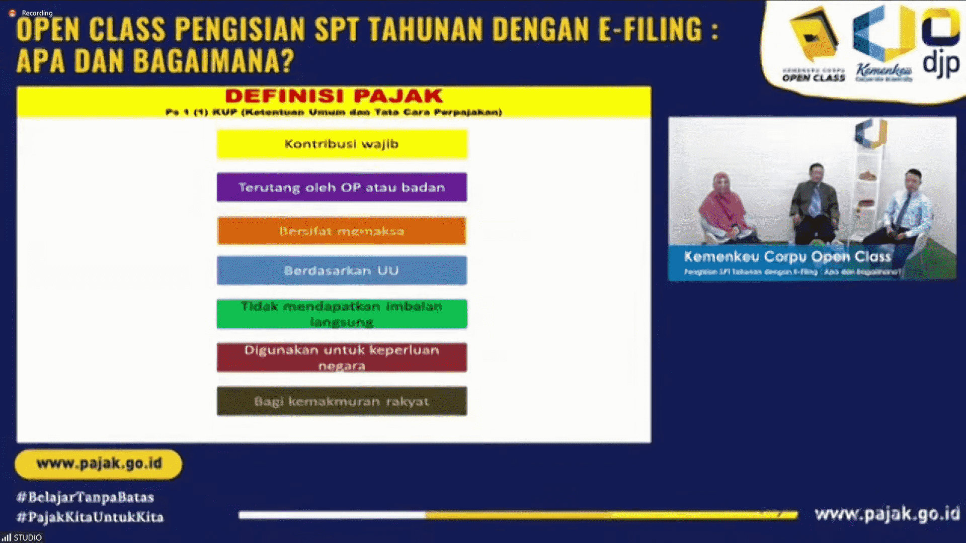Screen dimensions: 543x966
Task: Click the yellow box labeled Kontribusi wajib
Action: [x=342, y=144]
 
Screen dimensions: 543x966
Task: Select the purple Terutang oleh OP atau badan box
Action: [x=342, y=188]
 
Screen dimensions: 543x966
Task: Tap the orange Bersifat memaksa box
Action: [x=342, y=231]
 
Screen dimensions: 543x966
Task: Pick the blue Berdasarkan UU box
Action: [x=342, y=270]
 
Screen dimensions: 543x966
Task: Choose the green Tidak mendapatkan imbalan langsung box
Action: [x=342, y=314]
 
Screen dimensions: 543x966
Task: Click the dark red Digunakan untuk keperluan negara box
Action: [x=342, y=357]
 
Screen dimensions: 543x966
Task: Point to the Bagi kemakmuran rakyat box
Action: [x=342, y=401]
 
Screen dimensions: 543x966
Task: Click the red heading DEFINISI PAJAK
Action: [x=334, y=96]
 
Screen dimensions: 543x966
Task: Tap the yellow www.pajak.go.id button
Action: [x=99, y=464]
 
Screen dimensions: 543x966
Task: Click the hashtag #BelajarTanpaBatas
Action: [x=85, y=497]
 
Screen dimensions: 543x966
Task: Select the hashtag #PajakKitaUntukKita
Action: [x=90, y=517]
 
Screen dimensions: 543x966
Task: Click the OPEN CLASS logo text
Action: [x=813, y=78]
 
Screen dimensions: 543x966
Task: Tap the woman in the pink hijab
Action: [x=725, y=209]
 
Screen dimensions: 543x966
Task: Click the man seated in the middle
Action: [x=815, y=204]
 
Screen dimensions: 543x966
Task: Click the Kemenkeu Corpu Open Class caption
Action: [x=787, y=257]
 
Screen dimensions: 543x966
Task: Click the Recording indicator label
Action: [x=37, y=13]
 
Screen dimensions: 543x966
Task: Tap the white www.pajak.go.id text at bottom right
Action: [x=887, y=514]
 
